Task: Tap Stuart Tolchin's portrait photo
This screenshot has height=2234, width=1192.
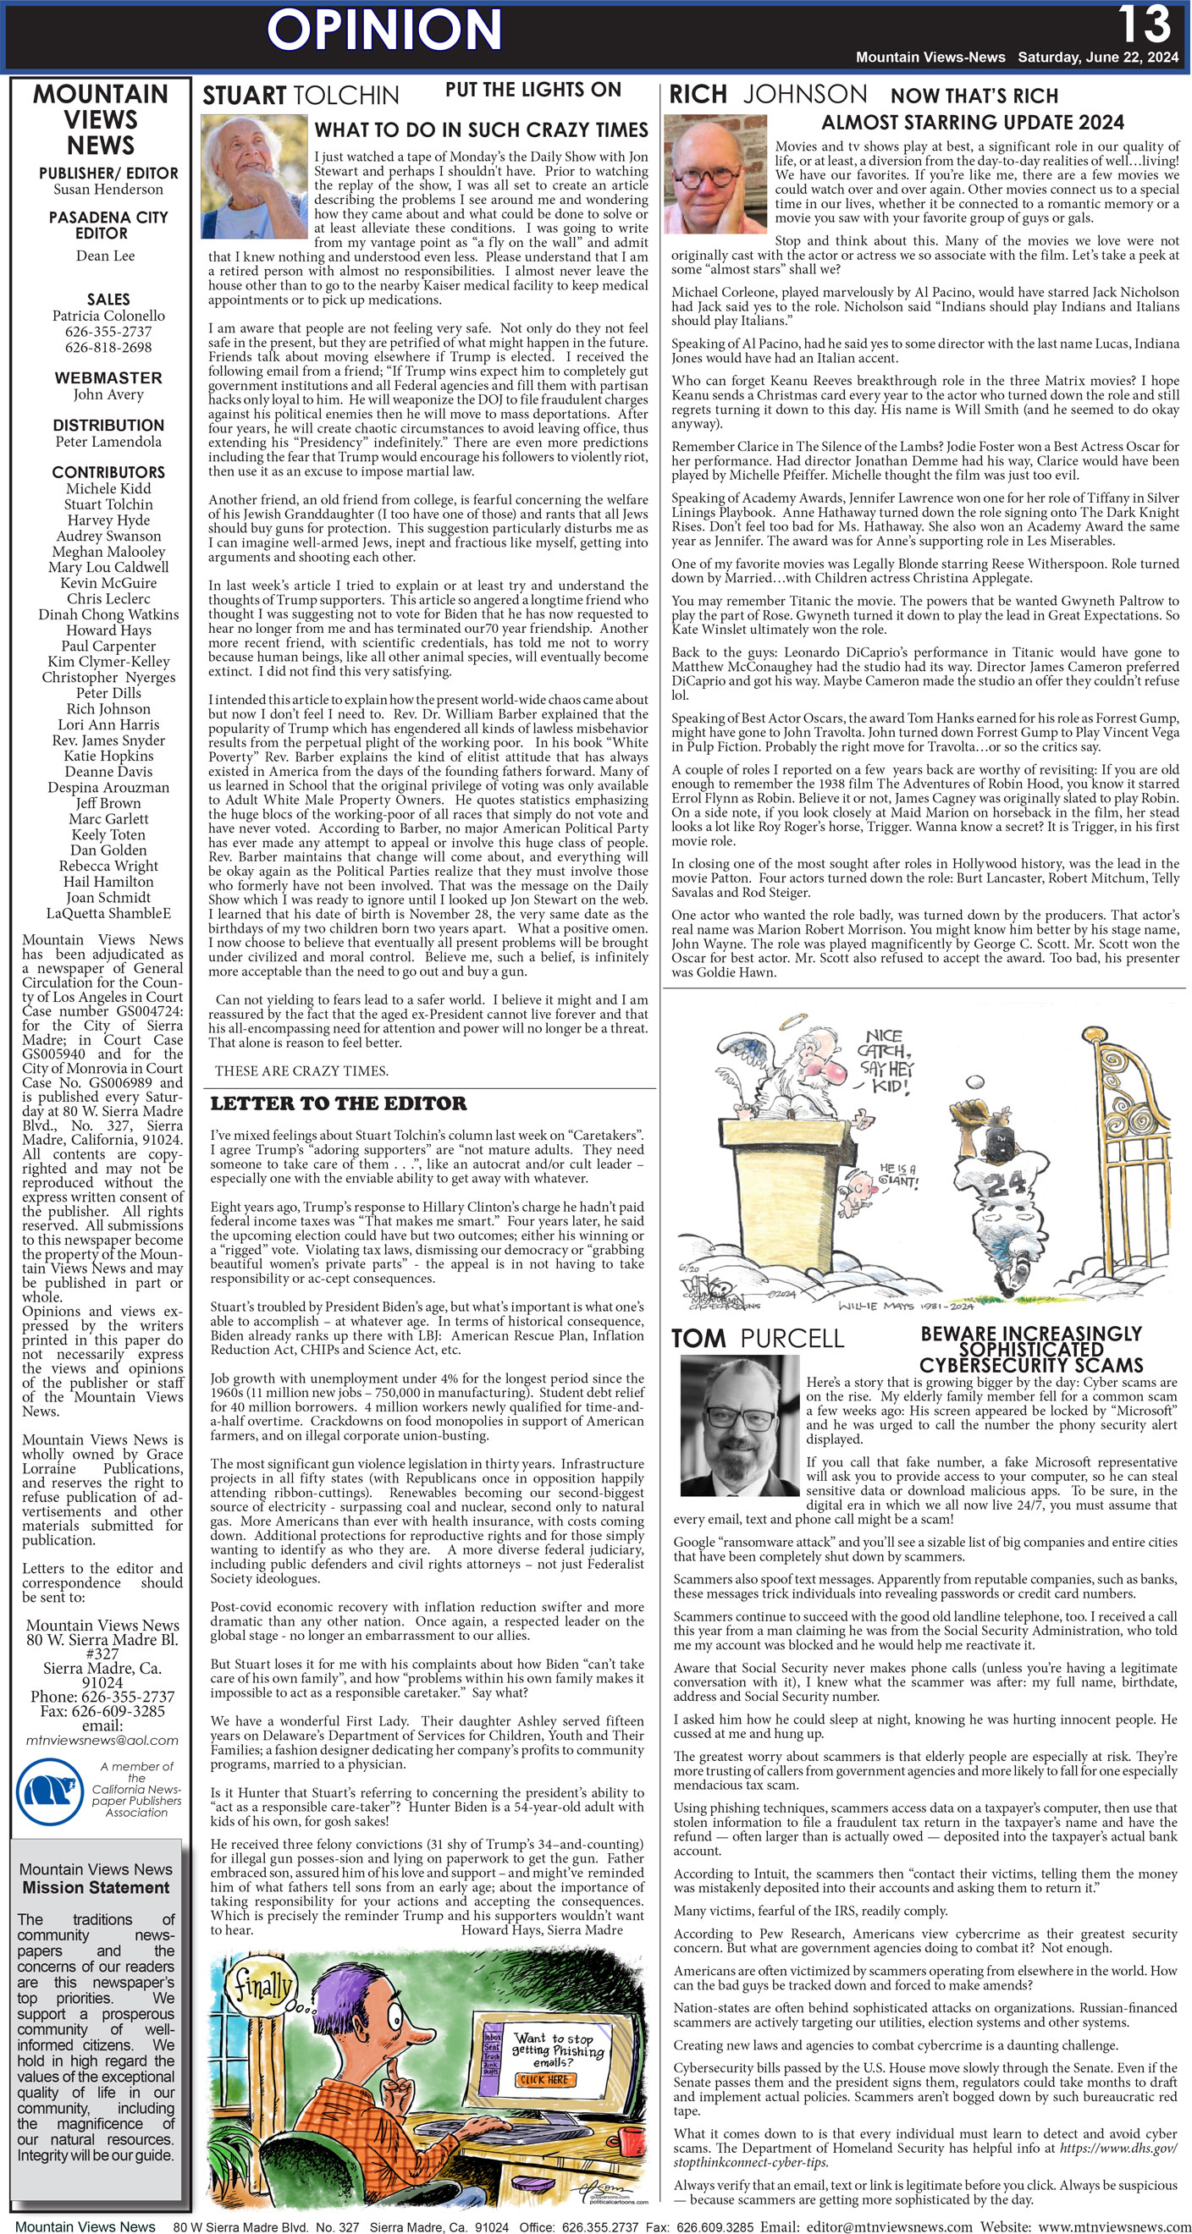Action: [253, 177]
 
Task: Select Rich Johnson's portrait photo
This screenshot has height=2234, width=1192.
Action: [714, 173]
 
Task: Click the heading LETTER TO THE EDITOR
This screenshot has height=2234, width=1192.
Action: [339, 1104]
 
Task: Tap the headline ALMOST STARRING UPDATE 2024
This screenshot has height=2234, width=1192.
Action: [973, 123]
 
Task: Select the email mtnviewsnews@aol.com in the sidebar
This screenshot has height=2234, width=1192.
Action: [102, 1740]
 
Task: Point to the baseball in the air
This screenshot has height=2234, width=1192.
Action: [976, 1082]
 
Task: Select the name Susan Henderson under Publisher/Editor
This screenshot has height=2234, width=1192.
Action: [108, 189]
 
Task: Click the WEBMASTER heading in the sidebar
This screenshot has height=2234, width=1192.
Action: [108, 378]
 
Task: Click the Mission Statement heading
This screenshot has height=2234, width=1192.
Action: [97, 1887]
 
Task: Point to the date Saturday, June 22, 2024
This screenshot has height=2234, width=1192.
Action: [1097, 58]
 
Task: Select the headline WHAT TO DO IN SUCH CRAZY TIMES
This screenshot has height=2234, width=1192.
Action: [481, 130]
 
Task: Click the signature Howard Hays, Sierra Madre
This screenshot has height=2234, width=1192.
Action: [541, 1929]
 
